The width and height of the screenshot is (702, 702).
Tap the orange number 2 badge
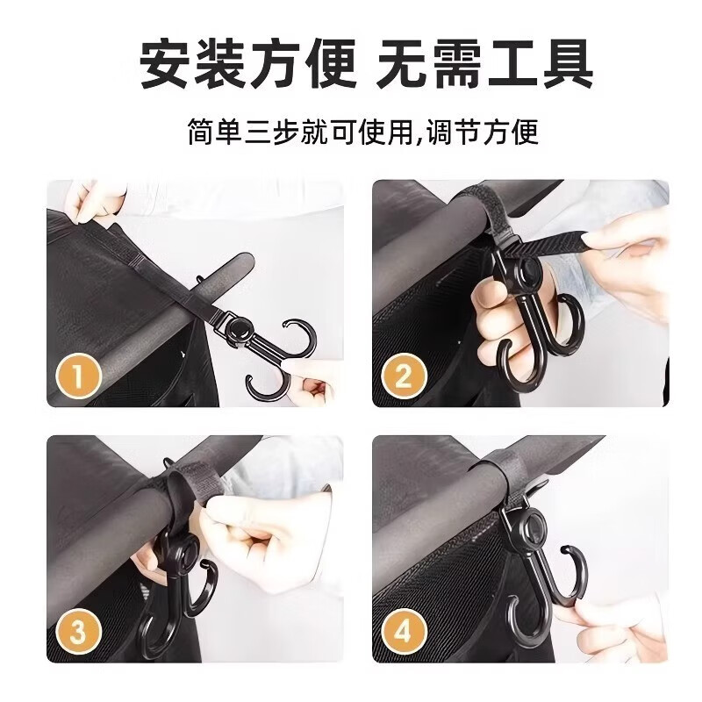click(x=404, y=377)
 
